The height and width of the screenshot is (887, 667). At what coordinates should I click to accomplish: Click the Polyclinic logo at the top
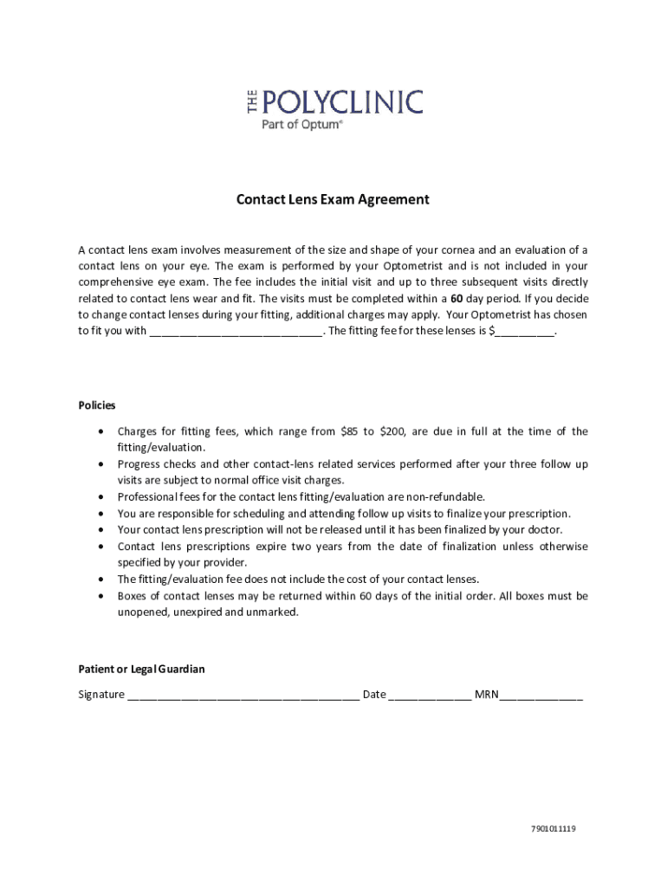(332, 102)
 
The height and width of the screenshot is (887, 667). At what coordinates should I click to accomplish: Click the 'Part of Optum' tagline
(302, 124)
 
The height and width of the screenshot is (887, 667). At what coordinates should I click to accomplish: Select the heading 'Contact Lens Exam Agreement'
(333, 200)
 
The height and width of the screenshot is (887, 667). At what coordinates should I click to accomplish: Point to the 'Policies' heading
(97, 405)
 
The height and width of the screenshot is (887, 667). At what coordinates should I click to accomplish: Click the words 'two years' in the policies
(321, 547)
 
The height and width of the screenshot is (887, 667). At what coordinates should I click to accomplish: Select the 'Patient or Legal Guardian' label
(142, 670)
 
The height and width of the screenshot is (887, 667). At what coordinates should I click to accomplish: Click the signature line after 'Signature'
(243, 696)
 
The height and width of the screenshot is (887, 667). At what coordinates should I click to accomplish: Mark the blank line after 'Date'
(431, 696)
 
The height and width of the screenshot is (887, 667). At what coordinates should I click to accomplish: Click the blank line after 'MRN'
(541, 696)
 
